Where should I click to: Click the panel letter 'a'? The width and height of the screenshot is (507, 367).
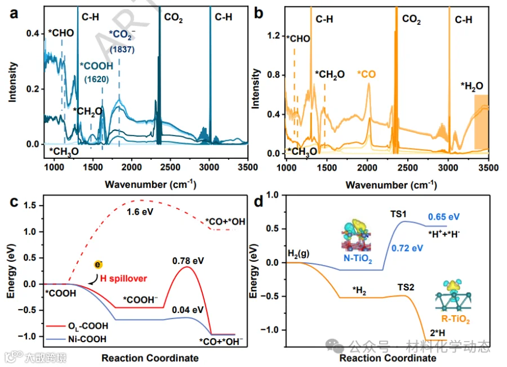click(14, 14)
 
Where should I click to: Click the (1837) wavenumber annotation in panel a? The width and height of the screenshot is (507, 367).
click(122, 50)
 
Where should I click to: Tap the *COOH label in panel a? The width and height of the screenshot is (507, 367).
click(97, 66)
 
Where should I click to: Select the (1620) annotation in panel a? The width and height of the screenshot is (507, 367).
click(96, 79)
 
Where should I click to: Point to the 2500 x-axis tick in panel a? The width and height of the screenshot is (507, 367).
click(170, 167)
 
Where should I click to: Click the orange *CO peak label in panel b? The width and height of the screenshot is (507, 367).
click(366, 74)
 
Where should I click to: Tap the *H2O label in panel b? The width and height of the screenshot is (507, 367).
click(472, 86)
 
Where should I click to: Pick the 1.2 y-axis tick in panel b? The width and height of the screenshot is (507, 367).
click(273, 35)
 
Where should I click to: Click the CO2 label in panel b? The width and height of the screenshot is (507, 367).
click(411, 19)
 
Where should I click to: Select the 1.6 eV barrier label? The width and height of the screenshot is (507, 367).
click(140, 212)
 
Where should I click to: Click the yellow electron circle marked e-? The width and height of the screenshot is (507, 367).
click(98, 265)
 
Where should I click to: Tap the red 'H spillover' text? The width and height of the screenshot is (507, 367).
click(123, 279)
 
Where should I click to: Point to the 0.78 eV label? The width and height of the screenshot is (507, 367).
click(188, 261)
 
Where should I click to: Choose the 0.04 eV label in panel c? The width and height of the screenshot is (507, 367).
click(188, 310)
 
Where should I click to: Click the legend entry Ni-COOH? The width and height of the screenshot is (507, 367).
click(87, 339)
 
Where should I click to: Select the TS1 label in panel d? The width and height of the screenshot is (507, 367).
click(398, 214)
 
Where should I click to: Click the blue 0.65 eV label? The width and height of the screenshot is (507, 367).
click(444, 217)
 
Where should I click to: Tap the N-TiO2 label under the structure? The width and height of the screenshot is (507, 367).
click(358, 259)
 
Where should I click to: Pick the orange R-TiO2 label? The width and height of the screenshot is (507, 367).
click(455, 319)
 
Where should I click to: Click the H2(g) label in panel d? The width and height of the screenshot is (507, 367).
click(299, 254)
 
